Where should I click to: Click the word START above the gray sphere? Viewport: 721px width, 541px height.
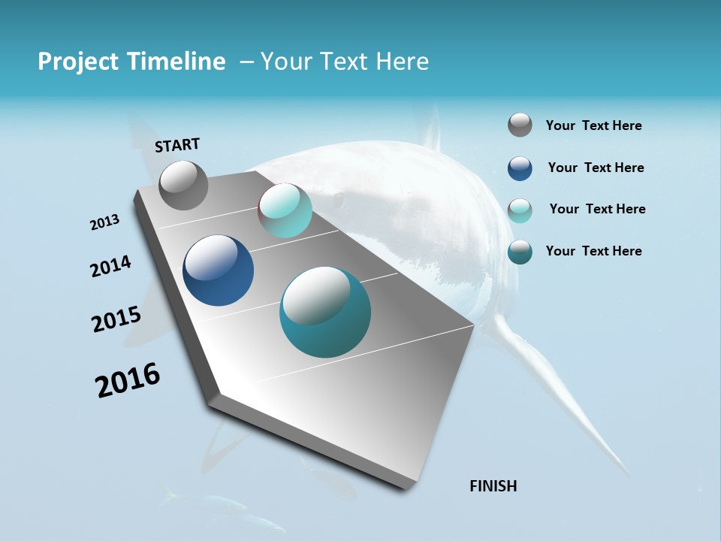point(177,144)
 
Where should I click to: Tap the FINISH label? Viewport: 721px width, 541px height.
point(493,486)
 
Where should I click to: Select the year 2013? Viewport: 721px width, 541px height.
point(104,222)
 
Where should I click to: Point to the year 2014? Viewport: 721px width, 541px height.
point(110,266)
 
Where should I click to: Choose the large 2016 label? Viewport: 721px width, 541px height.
point(128,379)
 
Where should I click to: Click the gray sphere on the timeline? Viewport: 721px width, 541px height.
point(183,185)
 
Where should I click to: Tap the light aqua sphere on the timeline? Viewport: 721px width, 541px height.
point(285,210)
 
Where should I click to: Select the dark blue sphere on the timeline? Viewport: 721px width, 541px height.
point(218,270)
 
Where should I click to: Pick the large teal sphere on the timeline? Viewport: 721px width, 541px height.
point(325,313)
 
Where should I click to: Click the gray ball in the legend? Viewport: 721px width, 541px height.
point(520,125)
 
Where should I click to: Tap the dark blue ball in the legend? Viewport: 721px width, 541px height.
point(520,168)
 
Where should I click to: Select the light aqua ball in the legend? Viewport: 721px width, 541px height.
point(520,210)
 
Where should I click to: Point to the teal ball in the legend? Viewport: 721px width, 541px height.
point(520,252)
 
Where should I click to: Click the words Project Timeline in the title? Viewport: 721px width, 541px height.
point(131,62)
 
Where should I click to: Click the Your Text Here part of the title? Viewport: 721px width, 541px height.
point(345,62)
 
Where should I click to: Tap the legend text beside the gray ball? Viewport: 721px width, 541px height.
point(593,125)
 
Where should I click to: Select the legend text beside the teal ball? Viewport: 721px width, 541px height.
point(593,251)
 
